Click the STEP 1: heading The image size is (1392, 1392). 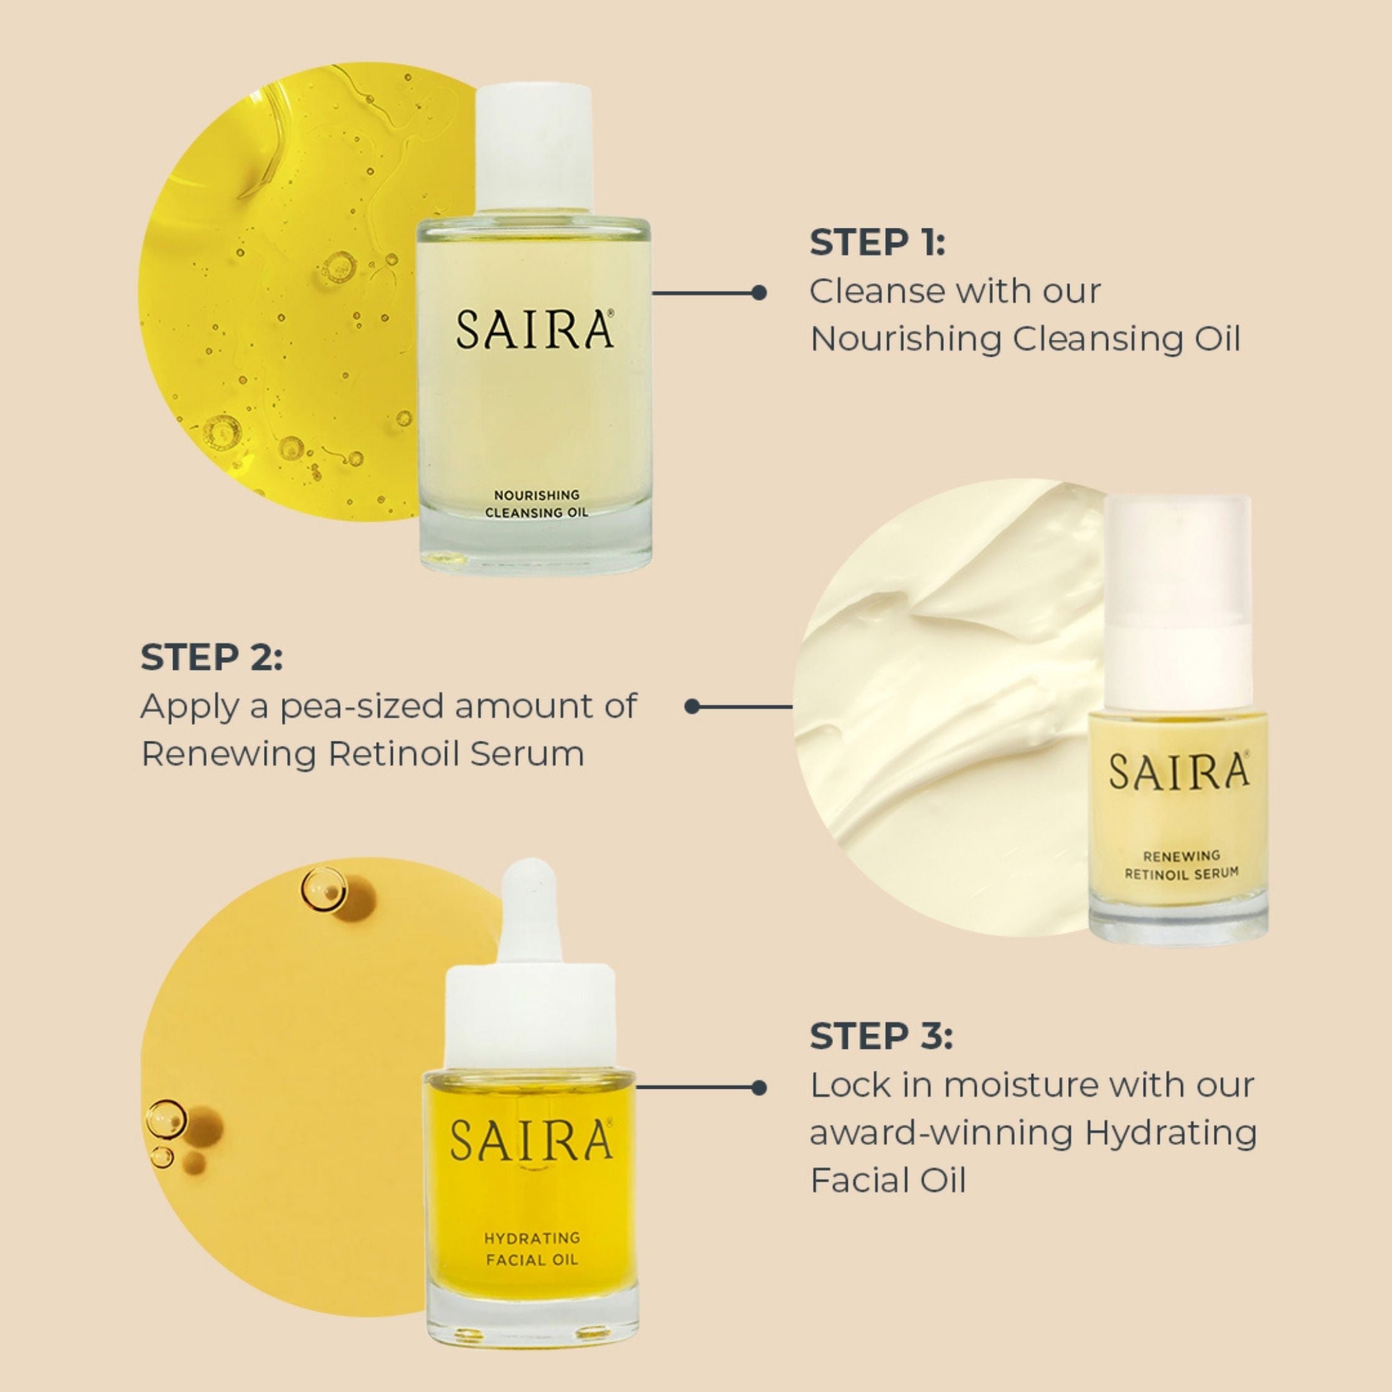pyautogui.click(x=877, y=242)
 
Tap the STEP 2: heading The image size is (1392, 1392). pyautogui.click(x=212, y=657)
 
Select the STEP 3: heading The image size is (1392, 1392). pyautogui.click(x=880, y=1036)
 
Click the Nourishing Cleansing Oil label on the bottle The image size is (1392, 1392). pyautogui.click(x=536, y=504)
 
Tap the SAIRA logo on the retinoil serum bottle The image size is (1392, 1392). pyautogui.click(x=1178, y=772)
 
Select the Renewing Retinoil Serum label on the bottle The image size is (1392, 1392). pyautogui.click(x=1182, y=865)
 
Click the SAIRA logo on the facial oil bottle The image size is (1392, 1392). pyautogui.click(x=531, y=1140)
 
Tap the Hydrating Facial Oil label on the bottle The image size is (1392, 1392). pyautogui.click(x=531, y=1249)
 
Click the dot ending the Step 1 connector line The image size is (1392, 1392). pyautogui.click(x=758, y=293)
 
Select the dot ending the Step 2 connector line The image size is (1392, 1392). pyautogui.click(x=692, y=707)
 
